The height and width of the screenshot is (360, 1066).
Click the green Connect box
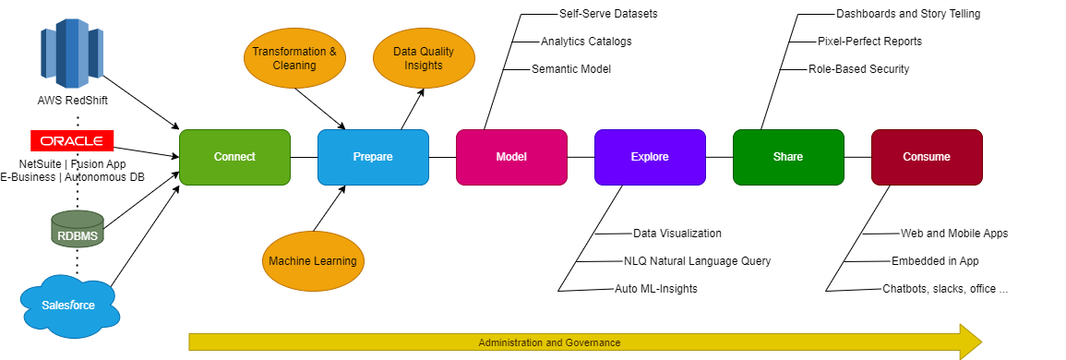pyautogui.click(x=234, y=157)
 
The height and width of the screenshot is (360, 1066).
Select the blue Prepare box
pyautogui.click(x=373, y=157)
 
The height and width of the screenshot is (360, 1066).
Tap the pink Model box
pyautogui.click(x=511, y=157)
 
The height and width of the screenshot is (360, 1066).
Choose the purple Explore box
pyautogui.click(x=650, y=157)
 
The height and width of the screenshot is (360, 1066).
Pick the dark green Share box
pyautogui.click(x=788, y=157)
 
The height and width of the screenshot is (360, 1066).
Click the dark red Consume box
pyautogui.click(x=927, y=157)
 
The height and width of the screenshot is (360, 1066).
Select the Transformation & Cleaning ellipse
pyautogui.click(x=294, y=59)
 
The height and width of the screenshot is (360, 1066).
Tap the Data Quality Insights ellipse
pyautogui.click(x=424, y=59)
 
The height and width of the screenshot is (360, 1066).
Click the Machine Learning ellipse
pyautogui.click(x=313, y=261)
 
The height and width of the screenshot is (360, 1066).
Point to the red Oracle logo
pyautogui.click(x=72, y=141)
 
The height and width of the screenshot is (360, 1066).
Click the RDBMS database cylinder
pyautogui.click(x=78, y=229)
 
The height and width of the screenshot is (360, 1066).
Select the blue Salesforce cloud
pyautogui.click(x=70, y=306)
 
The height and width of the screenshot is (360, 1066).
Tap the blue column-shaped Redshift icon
pyautogui.click(x=71, y=56)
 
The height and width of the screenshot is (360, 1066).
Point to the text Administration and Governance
pyautogui.click(x=549, y=342)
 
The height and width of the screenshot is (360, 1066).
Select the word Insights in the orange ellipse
pyautogui.click(x=424, y=66)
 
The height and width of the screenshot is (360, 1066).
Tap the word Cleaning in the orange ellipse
pyautogui.click(x=294, y=66)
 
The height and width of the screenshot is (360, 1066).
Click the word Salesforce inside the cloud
pyautogui.click(x=68, y=306)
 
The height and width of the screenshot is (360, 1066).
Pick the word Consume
pyautogui.click(x=927, y=157)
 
